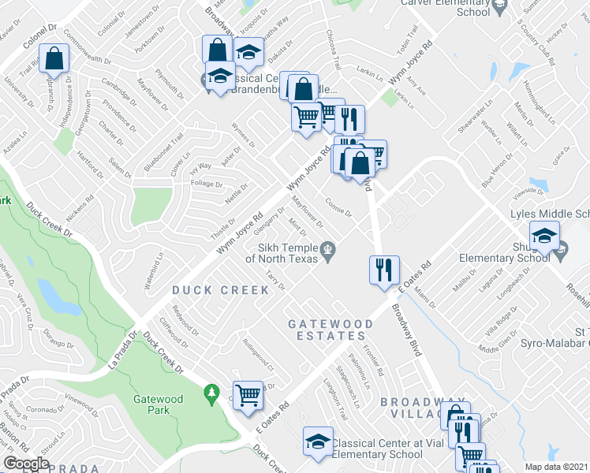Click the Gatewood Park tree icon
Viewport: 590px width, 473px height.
211,392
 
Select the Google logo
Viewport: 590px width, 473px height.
26,464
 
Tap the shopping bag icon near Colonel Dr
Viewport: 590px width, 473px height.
54,58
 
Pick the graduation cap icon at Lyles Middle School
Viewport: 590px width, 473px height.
544,235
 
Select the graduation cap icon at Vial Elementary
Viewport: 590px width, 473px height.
318,441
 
